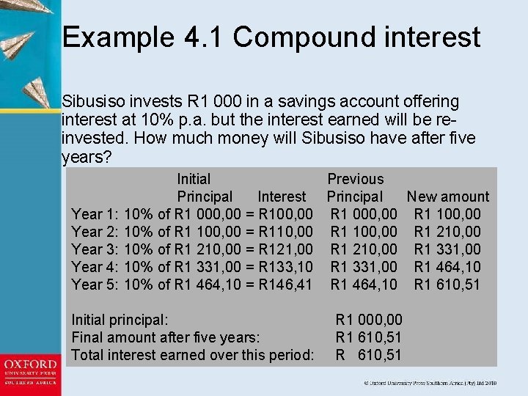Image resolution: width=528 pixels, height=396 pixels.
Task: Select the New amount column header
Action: click(x=447, y=197)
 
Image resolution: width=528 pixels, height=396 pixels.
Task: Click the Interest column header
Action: click(x=282, y=197)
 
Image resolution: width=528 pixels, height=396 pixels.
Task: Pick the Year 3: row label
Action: click(x=96, y=249)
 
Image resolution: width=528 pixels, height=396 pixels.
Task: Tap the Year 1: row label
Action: click(x=96, y=214)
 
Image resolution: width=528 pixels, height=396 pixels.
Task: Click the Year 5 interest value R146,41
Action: click(x=287, y=285)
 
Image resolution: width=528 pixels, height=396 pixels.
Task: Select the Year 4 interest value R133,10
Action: click(x=287, y=267)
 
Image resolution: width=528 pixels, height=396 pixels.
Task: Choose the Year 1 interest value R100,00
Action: click(x=287, y=214)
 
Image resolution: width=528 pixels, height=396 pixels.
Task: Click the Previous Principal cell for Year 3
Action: click(x=364, y=249)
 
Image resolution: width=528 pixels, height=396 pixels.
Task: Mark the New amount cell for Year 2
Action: click(x=447, y=232)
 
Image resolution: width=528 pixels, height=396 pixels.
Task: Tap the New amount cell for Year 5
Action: click(x=447, y=285)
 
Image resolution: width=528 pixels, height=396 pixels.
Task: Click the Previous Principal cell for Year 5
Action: click(x=364, y=285)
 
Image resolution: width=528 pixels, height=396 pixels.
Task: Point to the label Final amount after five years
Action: click(x=165, y=337)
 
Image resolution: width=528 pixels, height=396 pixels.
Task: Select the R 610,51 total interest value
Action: click(x=369, y=355)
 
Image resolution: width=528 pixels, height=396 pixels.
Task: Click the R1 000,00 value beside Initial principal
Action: click(x=369, y=320)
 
